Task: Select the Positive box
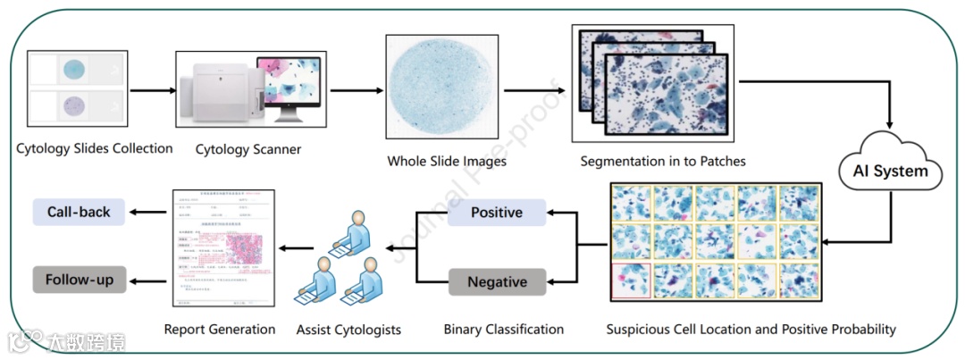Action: pyautogui.click(x=497, y=213)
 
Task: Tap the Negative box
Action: pyautogui.click(x=497, y=282)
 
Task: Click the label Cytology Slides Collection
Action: pyautogui.click(x=95, y=148)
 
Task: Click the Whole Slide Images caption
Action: pyautogui.click(x=447, y=162)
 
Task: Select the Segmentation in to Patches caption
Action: pyautogui.click(x=663, y=162)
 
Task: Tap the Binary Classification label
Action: pyautogui.click(x=504, y=330)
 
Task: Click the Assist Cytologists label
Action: pyautogui.click(x=348, y=331)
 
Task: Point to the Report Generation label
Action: pyautogui.click(x=220, y=330)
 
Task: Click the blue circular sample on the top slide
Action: pyautogui.click(x=75, y=69)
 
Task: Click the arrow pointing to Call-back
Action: pyautogui.click(x=147, y=213)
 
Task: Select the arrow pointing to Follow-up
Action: pyautogui.click(x=147, y=280)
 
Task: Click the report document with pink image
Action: pyautogui.click(x=222, y=248)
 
